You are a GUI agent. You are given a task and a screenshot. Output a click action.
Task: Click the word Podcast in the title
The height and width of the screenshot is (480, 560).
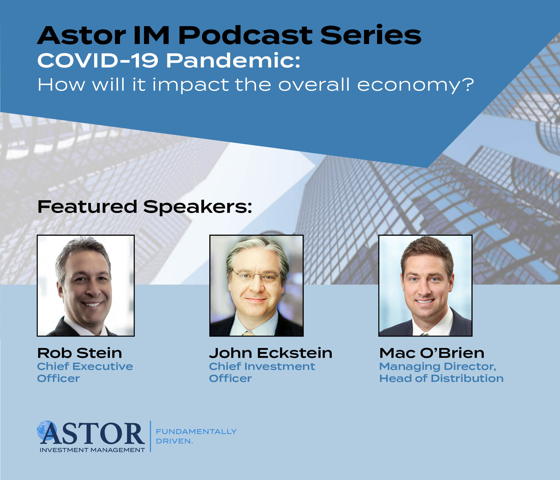pos(245,35)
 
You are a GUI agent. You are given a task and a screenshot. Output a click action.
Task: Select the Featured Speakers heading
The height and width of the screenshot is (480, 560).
pos(145,207)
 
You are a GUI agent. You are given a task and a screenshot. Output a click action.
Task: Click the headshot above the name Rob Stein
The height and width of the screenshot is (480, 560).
pos(86,286)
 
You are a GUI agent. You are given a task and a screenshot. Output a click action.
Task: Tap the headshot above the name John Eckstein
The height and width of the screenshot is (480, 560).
pos(257,286)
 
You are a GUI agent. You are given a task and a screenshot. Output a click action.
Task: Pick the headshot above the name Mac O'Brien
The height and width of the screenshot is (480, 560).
pos(425,286)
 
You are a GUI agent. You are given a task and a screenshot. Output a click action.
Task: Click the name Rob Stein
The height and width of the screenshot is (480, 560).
pos(80,353)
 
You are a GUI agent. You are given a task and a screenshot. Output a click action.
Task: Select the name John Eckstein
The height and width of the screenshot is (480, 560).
pos(271,353)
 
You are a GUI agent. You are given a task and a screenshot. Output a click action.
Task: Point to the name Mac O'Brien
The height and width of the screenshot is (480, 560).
pos(432,353)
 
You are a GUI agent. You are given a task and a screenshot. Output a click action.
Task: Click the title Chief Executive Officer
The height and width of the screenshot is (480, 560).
pos(85,373)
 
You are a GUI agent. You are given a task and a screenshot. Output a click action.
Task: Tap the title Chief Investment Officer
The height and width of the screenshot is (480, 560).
pos(262,373)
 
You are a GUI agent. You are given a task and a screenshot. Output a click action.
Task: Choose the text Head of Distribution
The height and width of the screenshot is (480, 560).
pos(441,378)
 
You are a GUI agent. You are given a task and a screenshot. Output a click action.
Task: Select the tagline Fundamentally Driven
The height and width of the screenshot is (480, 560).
pos(196,436)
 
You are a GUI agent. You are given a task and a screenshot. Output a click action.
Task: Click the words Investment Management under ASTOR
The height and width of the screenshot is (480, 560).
pos(92,450)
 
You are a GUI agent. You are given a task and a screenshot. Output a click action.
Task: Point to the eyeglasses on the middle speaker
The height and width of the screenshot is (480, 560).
pos(256,277)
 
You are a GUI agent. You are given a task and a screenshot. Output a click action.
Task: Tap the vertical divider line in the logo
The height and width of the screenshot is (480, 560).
pos(150,436)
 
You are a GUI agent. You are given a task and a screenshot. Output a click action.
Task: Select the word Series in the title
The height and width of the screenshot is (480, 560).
pos(371,35)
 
